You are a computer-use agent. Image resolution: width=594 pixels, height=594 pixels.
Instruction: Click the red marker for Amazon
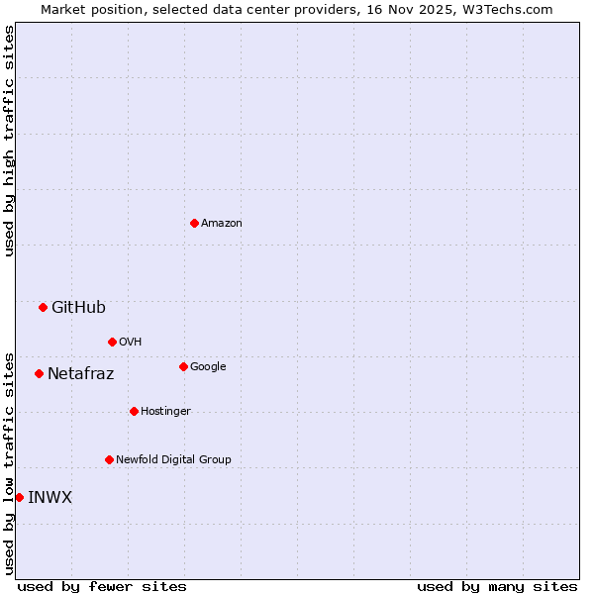click(194, 223)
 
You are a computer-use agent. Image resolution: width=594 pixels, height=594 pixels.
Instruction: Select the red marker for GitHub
click(43, 307)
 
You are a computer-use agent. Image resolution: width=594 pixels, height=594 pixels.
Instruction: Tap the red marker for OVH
click(112, 342)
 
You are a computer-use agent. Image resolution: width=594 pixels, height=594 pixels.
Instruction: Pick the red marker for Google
click(183, 366)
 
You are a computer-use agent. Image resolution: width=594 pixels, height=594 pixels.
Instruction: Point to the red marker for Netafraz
click(39, 373)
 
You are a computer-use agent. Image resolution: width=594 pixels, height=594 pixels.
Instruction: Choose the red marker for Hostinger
click(134, 411)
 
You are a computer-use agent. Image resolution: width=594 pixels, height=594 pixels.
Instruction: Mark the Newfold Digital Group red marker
click(109, 459)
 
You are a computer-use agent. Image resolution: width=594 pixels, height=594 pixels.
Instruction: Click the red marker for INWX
click(19, 497)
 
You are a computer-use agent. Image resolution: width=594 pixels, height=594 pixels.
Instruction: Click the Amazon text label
click(222, 224)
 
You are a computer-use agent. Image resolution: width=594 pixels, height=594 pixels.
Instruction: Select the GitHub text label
click(78, 307)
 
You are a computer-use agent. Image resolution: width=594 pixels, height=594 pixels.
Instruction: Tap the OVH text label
click(131, 343)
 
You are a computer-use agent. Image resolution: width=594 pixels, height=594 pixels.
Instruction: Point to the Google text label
click(208, 367)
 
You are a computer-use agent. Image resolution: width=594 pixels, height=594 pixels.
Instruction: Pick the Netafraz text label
click(80, 374)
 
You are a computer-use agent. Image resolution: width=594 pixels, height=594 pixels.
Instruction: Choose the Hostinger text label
click(165, 412)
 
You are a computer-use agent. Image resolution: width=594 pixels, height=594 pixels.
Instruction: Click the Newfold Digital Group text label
click(173, 460)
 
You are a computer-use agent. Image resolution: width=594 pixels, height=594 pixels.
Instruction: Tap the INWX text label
click(49, 497)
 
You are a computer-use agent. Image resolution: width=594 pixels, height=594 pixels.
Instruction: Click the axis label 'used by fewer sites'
click(102, 586)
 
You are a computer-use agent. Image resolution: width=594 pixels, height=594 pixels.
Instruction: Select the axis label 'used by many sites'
click(497, 586)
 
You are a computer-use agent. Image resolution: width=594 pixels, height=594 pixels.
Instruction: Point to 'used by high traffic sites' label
click(9, 141)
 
